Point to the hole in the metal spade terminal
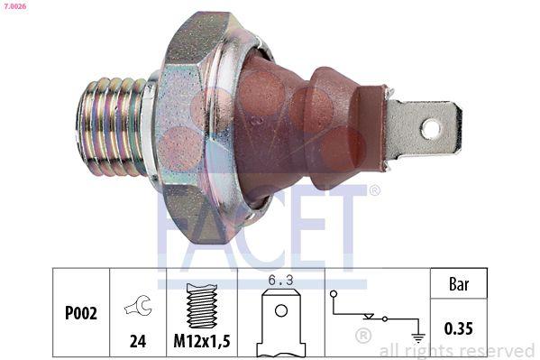431,129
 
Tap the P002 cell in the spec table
81,315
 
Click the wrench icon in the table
137,307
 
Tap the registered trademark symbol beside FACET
374,190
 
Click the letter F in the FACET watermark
180,226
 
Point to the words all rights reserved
456,350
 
